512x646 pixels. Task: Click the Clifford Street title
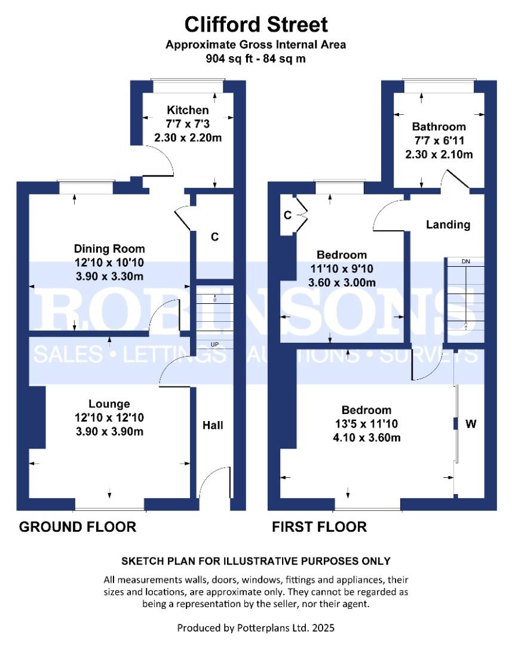click(256, 25)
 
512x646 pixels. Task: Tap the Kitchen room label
click(188, 110)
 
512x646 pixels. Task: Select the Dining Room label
click(109, 249)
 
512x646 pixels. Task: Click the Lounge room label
click(109, 404)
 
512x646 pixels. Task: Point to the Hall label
click(213, 425)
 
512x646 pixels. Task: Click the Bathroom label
click(439, 126)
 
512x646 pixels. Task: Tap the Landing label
click(448, 224)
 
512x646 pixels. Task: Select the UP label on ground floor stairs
click(215, 345)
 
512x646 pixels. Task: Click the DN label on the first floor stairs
click(466, 261)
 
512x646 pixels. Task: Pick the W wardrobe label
click(471, 423)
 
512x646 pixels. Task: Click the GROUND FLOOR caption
click(78, 527)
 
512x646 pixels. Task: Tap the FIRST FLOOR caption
click(320, 527)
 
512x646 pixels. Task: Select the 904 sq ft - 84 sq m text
click(256, 59)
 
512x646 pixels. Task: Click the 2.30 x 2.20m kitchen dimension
click(188, 138)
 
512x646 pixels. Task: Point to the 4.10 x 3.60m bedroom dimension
click(367, 437)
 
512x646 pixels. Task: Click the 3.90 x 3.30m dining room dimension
click(109, 276)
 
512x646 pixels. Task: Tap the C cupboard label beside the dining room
click(215, 237)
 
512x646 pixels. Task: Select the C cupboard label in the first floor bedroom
click(288, 215)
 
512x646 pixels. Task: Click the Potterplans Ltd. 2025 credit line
click(256, 628)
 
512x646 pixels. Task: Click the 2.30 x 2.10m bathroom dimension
click(439, 154)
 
